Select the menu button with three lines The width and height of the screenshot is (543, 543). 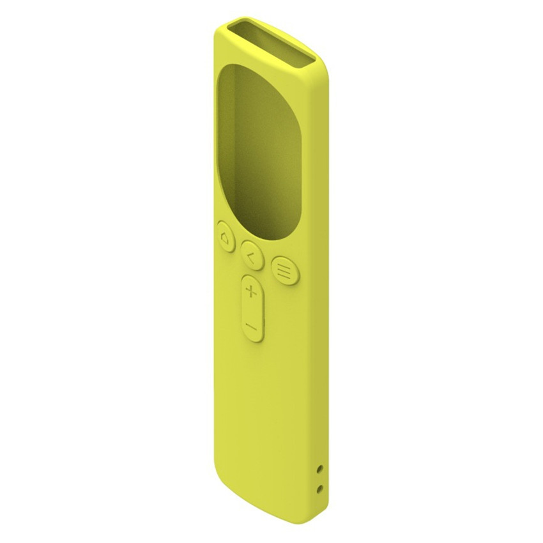pos(282,269)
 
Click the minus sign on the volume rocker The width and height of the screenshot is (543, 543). pos(251,326)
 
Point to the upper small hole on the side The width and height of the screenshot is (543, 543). pos(320,469)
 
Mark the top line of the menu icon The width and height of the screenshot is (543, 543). pos(282,264)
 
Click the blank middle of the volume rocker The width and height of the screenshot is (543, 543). pos(252,310)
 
